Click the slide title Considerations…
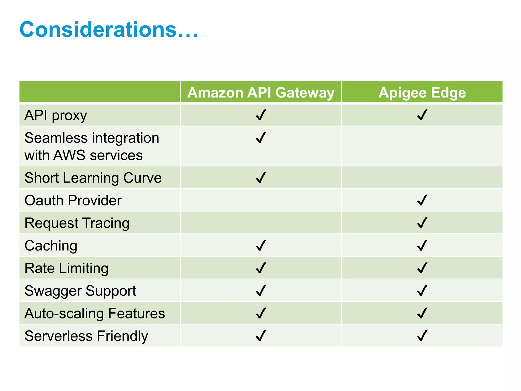coord(109,30)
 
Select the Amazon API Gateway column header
coord(261,92)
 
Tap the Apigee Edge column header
coord(422,92)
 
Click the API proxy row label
coord(56,115)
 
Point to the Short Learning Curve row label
coord(93,178)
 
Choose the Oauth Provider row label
coord(73,200)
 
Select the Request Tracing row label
coord(77,223)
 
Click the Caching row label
coord(51,246)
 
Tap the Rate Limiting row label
coord(66,268)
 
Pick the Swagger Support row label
coord(80,291)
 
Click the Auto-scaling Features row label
coord(95,313)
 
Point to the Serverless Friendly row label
coord(86,336)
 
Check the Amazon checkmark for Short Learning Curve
coord(261,178)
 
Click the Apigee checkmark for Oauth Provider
coord(422,200)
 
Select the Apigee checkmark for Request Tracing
coord(422,223)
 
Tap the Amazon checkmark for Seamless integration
coord(261,138)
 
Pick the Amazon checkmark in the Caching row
coord(261,246)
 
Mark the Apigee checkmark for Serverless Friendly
coord(422,336)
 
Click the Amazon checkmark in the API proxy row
coord(261,115)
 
